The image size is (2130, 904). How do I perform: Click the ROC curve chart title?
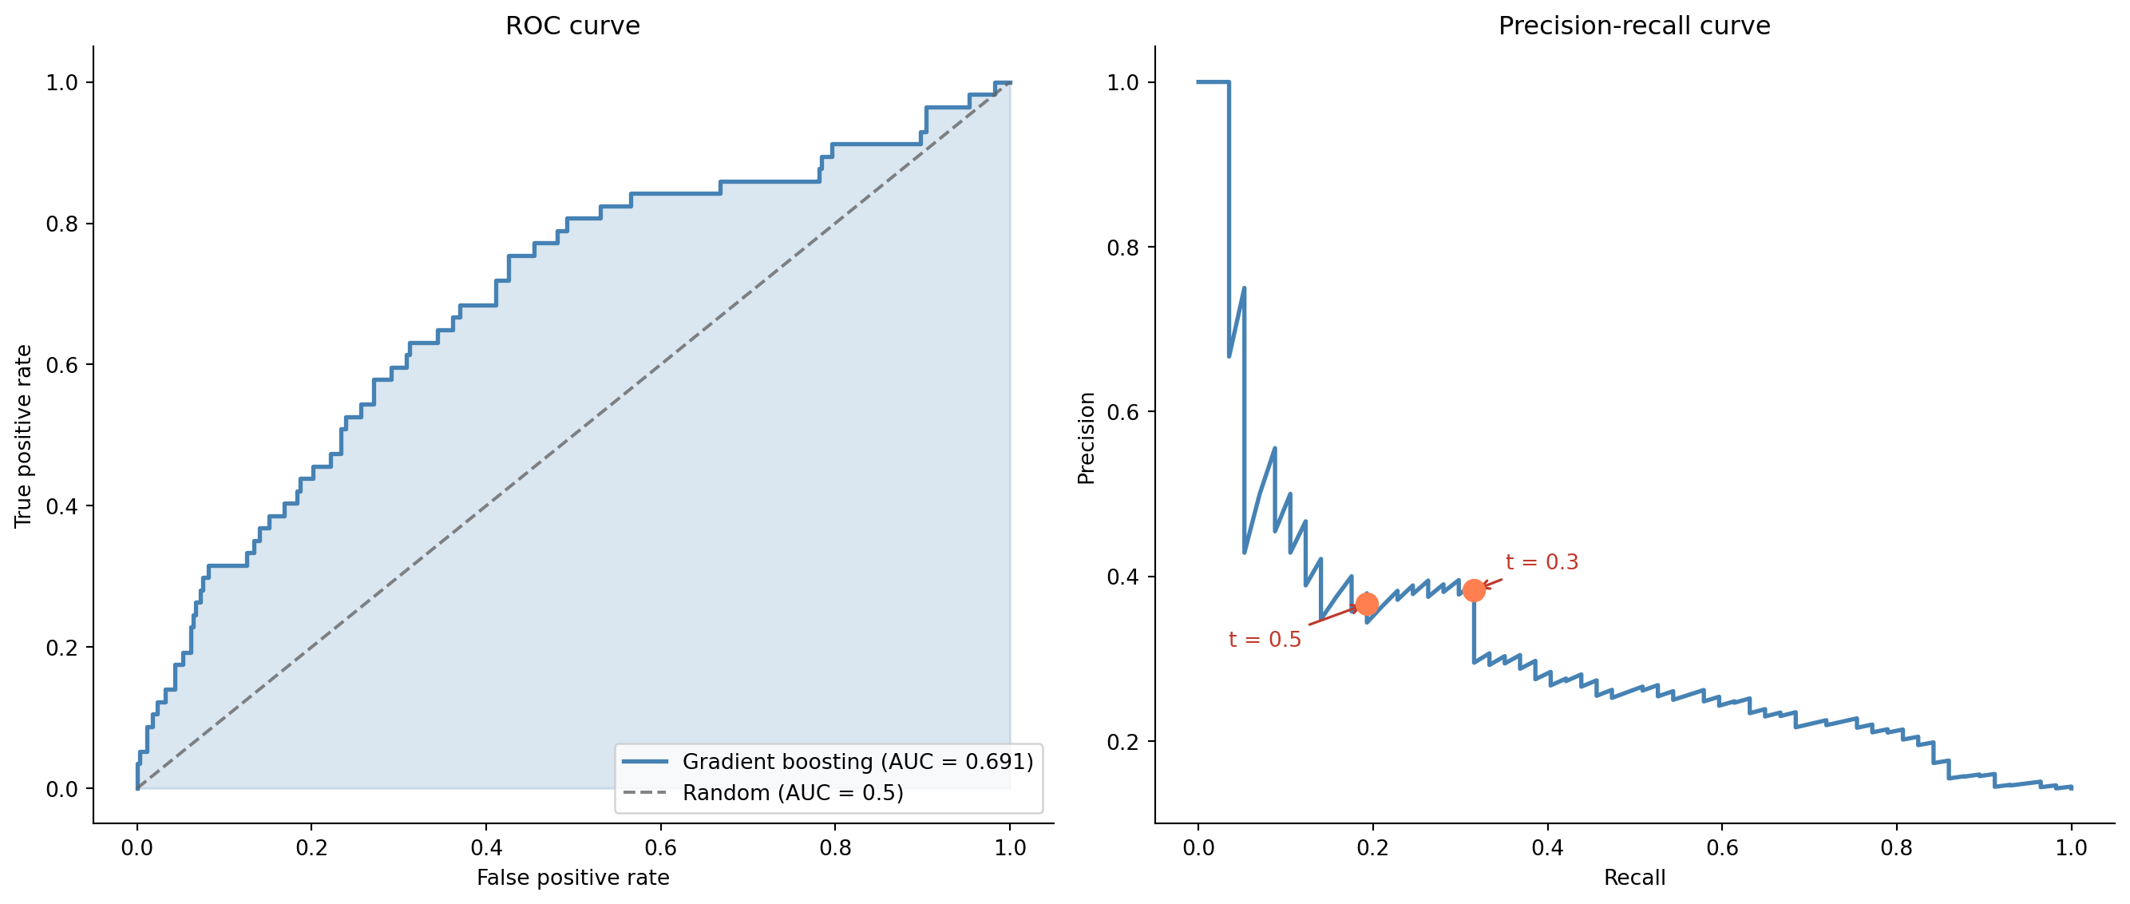click(x=572, y=26)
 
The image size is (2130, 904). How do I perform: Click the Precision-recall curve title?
click(x=1634, y=26)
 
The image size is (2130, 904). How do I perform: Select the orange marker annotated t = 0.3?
click(x=1474, y=589)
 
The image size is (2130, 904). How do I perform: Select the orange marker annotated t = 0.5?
click(x=1367, y=604)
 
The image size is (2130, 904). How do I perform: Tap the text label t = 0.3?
click(x=1542, y=562)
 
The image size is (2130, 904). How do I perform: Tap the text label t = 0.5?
click(x=1265, y=640)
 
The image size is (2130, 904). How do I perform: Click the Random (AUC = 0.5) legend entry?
click(x=792, y=792)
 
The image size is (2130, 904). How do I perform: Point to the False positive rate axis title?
click(x=572, y=878)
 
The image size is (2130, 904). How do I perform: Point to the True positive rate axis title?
click(x=23, y=436)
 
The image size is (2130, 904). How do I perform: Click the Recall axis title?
click(x=1634, y=878)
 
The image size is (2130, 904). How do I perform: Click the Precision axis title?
click(x=1086, y=438)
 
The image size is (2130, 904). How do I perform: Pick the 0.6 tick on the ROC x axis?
click(x=659, y=848)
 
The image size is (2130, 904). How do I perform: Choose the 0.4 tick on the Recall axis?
click(x=1547, y=848)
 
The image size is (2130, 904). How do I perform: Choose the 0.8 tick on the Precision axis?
click(x=1122, y=248)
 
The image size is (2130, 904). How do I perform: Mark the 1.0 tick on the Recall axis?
click(x=2070, y=848)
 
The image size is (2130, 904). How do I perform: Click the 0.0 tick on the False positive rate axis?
click(x=137, y=848)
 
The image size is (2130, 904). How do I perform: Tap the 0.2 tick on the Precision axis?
click(x=1122, y=741)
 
